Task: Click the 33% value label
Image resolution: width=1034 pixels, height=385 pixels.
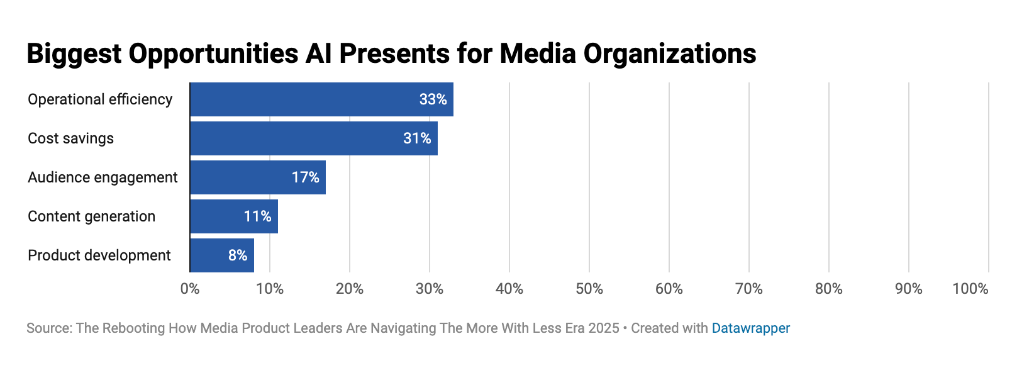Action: click(433, 99)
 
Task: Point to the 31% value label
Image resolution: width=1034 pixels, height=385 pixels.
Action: click(417, 138)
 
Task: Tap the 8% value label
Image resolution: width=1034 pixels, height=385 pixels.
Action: click(237, 255)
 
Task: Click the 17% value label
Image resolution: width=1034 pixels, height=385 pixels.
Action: click(305, 177)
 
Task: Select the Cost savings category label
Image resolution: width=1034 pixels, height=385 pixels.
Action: click(70, 138)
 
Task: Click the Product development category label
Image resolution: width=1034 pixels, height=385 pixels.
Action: click(99, 255)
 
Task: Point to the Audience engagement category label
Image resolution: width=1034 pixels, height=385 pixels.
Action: click(103, 177)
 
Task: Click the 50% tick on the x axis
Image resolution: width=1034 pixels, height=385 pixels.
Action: click(589, 289)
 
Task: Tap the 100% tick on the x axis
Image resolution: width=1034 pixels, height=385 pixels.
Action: click(970, 289)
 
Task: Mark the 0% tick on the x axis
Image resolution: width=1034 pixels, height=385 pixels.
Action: click(190, 289)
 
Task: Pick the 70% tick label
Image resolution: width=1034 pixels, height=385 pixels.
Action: click(749, 289)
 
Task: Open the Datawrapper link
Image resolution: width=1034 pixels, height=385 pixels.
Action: click(750, 328)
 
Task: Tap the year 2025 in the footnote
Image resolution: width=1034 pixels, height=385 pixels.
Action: click(604, 328)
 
